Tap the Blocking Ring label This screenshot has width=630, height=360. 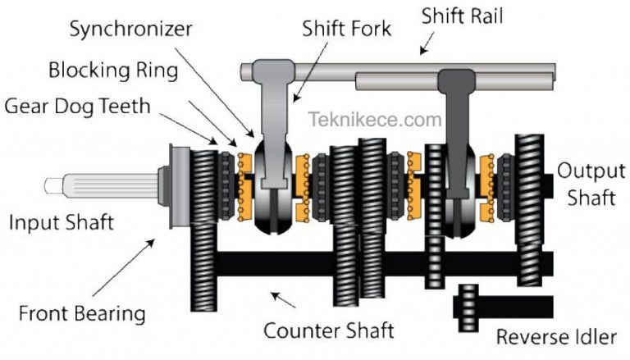tap(112, 70)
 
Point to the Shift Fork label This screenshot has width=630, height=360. tap(347, 30)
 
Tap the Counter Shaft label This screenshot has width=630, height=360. tap(328, 331)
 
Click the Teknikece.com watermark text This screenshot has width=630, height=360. tap(376, 121)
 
